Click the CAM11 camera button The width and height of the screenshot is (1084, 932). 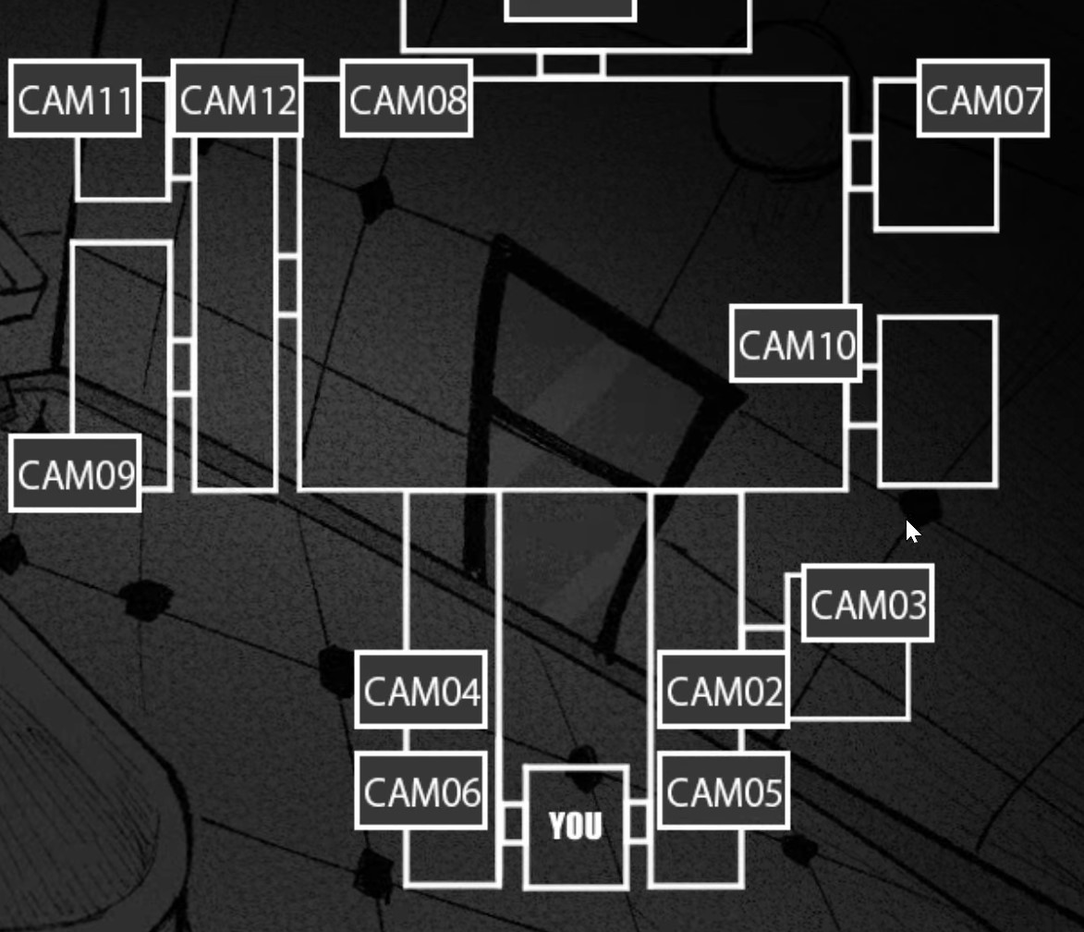pos(75,99)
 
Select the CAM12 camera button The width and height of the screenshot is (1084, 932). pos(238,99)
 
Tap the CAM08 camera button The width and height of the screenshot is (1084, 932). pos(407,99)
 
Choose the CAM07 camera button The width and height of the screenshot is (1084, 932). pos(983,99)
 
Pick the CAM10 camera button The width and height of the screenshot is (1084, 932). pos(796,344)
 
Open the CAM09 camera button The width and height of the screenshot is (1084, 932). pos(75,473)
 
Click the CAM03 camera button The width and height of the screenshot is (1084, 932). pos(867,604)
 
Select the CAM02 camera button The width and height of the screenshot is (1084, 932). pos(724,691)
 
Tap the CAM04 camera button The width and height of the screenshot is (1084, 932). pos(421,691)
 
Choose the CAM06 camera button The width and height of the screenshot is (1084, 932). pos(421,791)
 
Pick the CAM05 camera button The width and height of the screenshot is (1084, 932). pos(724,791)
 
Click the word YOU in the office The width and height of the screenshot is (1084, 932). pos(575,826)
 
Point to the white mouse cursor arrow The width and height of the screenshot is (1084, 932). pos(911,531)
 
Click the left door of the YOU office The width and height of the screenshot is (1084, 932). pos(512,823)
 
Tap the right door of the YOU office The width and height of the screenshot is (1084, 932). pos(639,823)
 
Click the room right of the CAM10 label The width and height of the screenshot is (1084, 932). pos(937,400)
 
